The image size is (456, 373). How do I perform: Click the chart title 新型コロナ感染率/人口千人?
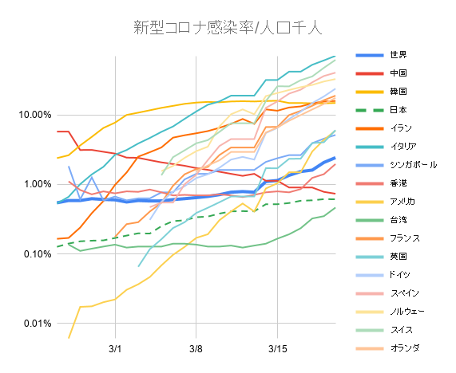coord(228,28)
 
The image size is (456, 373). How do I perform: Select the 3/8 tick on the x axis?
coord(196,348)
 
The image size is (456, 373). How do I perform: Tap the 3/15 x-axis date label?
coord(277,348)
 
